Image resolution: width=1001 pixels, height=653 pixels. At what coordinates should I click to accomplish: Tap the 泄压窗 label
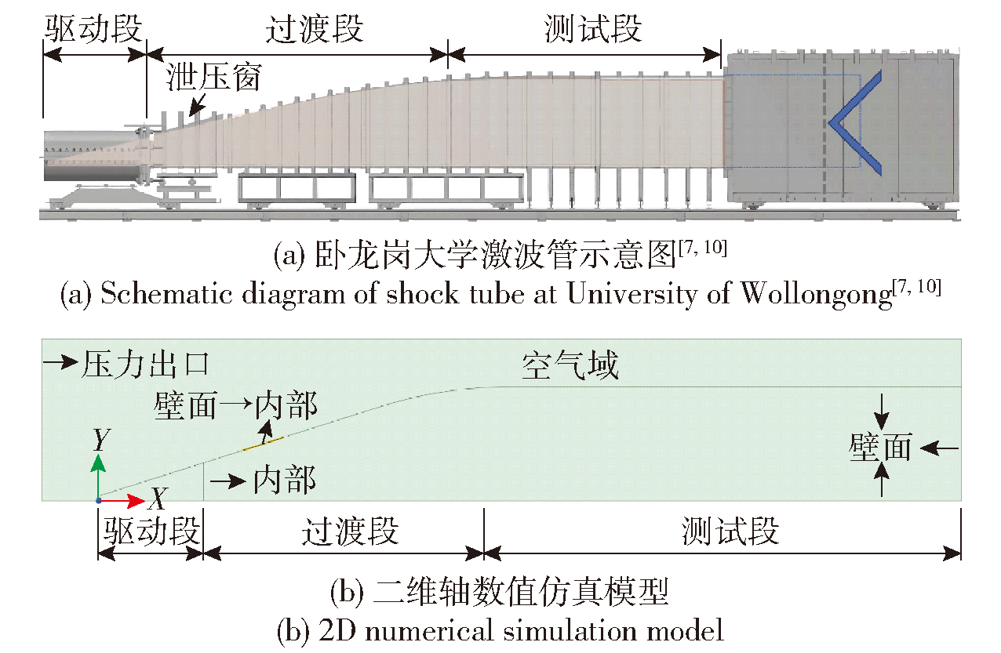pos(213,78)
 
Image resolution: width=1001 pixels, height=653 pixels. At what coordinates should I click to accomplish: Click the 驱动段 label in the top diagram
pos(93,30)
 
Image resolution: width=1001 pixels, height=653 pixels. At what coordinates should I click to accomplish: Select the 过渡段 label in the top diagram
pos(315,30)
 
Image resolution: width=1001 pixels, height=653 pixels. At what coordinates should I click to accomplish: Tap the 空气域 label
pos(570,365)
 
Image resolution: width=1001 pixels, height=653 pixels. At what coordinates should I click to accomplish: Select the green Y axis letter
pos(99,440)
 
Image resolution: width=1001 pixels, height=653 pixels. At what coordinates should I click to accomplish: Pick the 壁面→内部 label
pos(236,406)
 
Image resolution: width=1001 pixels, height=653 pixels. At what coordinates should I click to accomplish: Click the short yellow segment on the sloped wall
pos(262,444)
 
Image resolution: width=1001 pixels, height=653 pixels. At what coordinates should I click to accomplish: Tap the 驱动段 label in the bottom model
pos(150,532)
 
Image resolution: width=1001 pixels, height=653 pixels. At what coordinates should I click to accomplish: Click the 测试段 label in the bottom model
pos(730,532)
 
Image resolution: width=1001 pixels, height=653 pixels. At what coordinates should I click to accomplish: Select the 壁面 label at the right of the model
pos(881,448)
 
